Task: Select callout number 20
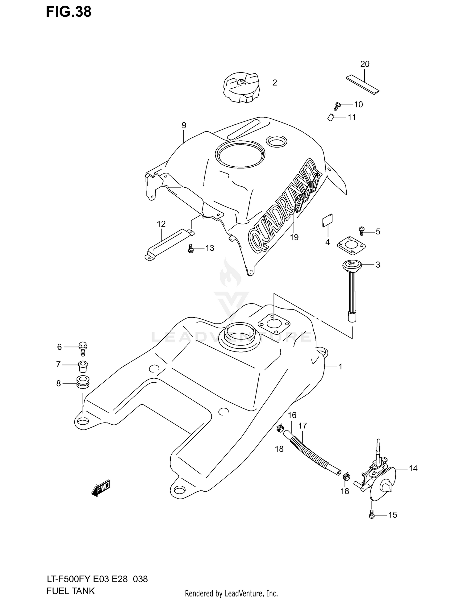(x=365, y=64)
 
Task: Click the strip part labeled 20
(x=362, y=84)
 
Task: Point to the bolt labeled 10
(x=337, y=106)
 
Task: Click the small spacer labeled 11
(x=331, y=118)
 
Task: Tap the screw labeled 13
(x=190, y=248)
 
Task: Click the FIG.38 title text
(x=69, y=12)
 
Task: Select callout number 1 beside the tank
(x=340, y=367)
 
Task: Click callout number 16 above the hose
(x=292, y=415)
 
